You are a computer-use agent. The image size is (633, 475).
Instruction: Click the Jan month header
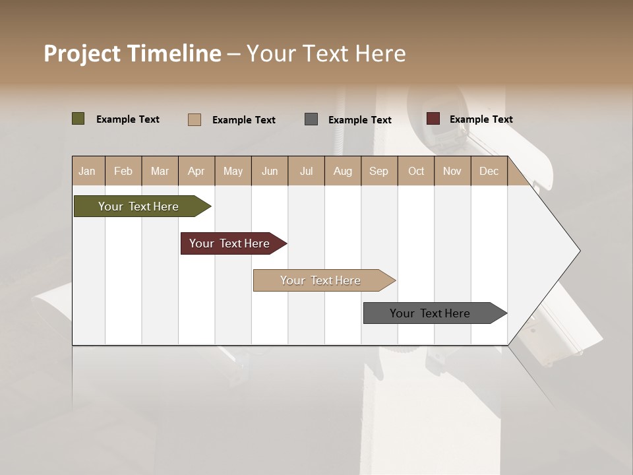pos(87,171)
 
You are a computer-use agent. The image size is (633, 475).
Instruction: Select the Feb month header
pos(123,171)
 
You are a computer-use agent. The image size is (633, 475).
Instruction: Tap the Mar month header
pos(160,171)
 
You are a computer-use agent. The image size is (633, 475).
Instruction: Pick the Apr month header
pos(196,171)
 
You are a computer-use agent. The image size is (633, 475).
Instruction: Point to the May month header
pos(233,171)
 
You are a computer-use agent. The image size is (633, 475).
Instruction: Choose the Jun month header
pos(270,171)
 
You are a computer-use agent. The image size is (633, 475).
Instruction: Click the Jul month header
pos(306,171)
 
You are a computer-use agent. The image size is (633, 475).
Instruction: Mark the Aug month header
pos(343,171)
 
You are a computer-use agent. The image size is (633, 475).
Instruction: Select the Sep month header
pos(378,171)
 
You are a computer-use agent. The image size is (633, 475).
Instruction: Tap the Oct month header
pos(416,171)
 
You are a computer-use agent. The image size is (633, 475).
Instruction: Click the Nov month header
pos(452,171)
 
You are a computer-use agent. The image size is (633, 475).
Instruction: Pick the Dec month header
pos(489,171)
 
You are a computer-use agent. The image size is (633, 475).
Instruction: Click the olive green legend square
pos(78,119)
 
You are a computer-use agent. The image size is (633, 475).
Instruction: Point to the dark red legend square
pos(433,119)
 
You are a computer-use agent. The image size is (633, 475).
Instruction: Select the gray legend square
pos(311,119)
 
